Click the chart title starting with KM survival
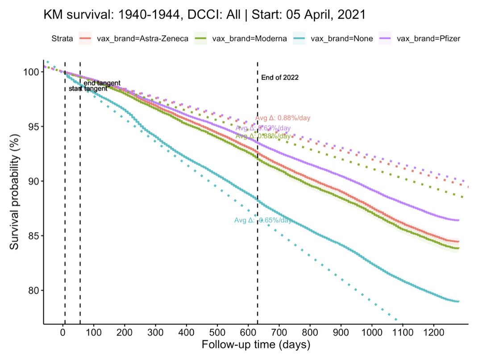tap(204, 15)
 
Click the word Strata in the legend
tap(61, 38)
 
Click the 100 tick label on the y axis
tap(33, 72)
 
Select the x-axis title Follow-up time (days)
tap(255, 345)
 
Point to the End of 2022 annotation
tap(280, 78)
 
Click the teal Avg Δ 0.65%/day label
tap(263, 220)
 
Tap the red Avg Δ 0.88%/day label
tap(283, 118)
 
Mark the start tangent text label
tap(88, 89)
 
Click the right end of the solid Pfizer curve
tap(458, 220)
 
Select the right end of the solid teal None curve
tap(458, 302)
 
